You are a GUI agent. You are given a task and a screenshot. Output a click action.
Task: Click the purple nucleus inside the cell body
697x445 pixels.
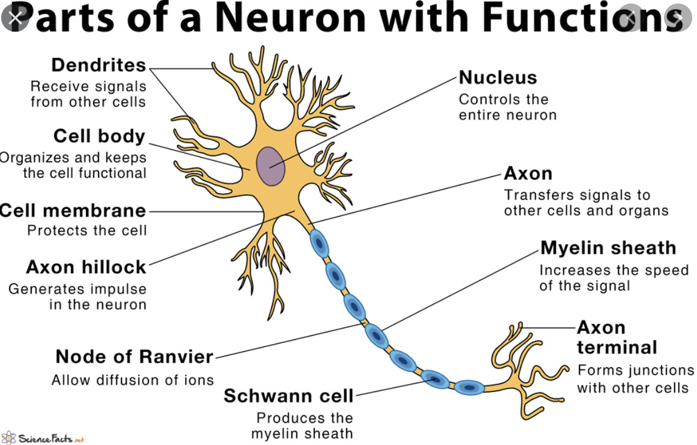[271, 165]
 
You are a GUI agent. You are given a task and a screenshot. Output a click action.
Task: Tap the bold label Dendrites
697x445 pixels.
[98, 65]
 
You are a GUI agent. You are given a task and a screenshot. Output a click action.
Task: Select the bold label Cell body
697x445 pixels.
[99, 136]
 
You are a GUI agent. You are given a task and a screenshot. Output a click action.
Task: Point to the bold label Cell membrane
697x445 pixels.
[73, 211]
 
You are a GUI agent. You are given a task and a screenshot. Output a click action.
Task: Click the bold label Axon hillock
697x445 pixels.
[86, 267]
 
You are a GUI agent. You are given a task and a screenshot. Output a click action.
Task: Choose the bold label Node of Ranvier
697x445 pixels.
[134, 356]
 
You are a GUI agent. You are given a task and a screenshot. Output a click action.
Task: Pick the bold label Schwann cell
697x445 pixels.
[288, 395]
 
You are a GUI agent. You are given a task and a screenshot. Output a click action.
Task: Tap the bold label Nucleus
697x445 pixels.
[498, 77]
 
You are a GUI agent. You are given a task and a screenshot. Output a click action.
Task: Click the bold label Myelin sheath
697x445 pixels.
[608, 248]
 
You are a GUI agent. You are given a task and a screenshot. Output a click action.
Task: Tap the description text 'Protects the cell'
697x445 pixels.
[87, 230]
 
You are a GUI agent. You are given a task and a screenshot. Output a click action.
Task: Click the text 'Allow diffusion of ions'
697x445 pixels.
[133, 380]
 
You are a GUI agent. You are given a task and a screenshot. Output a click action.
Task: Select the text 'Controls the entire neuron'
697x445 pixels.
[507, 107]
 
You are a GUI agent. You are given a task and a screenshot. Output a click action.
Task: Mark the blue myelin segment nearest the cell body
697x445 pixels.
[318, 243]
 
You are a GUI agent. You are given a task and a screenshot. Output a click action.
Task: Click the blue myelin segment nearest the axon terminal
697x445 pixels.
[469, 387]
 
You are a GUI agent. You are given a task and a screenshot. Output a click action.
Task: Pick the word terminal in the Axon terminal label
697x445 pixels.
[617, 347]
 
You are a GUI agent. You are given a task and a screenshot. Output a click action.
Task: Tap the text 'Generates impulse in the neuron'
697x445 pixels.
[77, 297]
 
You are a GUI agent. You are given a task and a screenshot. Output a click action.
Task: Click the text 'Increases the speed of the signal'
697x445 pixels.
[614, 278]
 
